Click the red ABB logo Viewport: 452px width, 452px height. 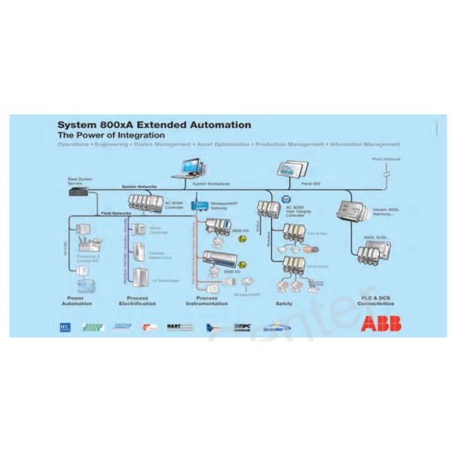click(380, 324)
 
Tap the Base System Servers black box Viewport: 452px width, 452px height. click(78, 191)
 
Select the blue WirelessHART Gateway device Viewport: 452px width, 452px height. click(198, 204)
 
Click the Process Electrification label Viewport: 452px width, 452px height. click(137, 301)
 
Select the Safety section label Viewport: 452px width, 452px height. click(284, 304)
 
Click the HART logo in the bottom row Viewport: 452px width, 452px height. click(180, 327)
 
